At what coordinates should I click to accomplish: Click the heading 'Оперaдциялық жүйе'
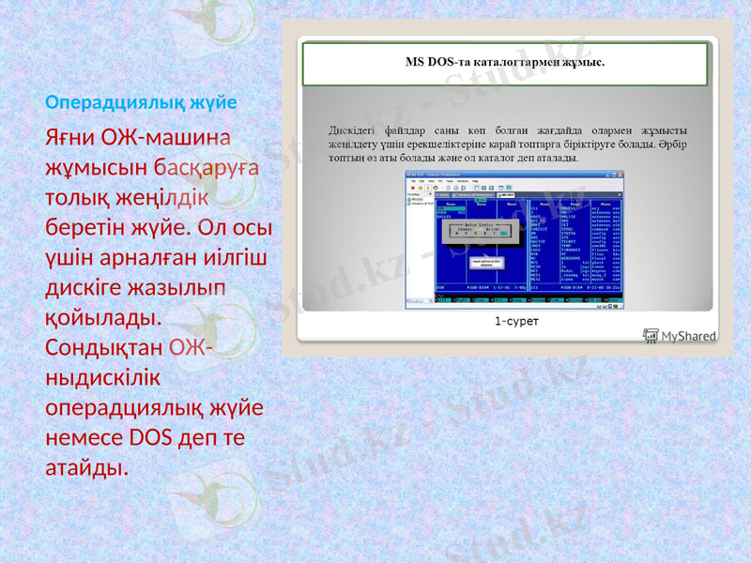coord(141,100)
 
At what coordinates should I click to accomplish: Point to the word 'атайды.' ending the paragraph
coord(86,466)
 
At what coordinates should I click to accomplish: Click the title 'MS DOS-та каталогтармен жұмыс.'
coord(505,63)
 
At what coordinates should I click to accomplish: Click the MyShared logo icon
coord(651,335)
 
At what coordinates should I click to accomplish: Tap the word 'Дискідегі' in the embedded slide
coord(356,129)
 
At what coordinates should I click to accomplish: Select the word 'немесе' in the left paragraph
coord(84,437)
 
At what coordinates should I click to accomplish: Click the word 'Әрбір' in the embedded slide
coord(673,144)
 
